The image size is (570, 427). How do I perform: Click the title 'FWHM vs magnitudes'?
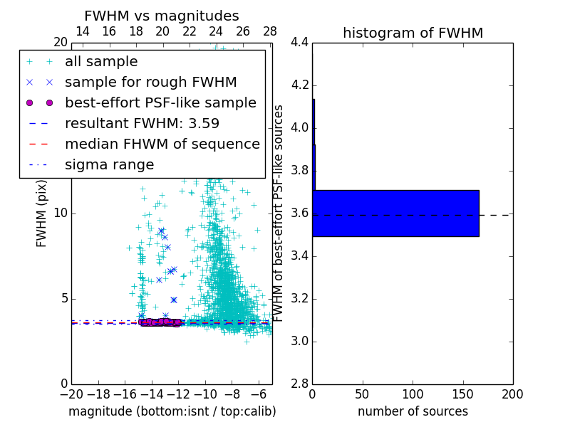pos(162,16)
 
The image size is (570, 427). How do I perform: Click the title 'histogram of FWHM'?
pos(413,33)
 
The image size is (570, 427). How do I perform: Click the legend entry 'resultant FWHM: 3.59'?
pos(142,123)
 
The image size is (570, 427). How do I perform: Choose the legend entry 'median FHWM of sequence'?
pos(162,144)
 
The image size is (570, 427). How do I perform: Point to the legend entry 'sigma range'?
pos(109,164)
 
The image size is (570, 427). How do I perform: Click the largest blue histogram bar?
pos(395,213)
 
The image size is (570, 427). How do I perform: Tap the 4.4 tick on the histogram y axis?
pos(300,43)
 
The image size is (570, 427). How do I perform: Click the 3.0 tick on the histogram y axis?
pos(300,341)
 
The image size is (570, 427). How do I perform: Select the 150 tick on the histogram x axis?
pos(463,394)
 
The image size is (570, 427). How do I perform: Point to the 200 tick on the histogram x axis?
pos(513,394)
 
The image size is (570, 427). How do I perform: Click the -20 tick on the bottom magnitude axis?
pos(72,394)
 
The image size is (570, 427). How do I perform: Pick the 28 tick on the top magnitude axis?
pos(270,31)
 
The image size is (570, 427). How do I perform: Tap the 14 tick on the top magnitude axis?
pos(83,31)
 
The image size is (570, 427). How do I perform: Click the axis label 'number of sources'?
pos(413,411)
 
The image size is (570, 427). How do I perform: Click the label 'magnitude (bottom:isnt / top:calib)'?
pos(172,411)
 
